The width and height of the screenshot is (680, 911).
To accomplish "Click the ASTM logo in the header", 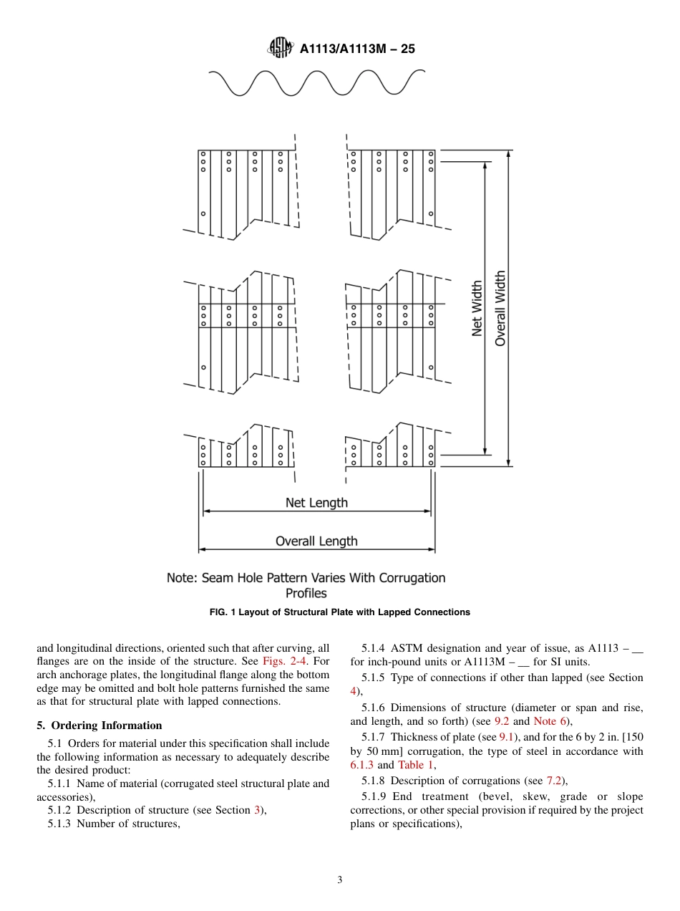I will pyautogui.click(x=279, y=48).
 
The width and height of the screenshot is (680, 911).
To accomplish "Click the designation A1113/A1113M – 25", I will pyautogui.click(x=357, y=49).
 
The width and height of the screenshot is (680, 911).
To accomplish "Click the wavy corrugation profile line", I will pyautogui.click(x=316, y=82).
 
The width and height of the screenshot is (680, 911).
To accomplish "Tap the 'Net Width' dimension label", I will pyautogui.click(x=477, y=308).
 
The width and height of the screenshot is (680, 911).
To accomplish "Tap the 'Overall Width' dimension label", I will pyautogui.click(x=500, y=308).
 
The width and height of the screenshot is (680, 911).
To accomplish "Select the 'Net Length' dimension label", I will pyautogui.click(x=316, y=503).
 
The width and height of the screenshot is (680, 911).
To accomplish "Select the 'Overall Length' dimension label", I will pyautogui.click(x=316, y=541).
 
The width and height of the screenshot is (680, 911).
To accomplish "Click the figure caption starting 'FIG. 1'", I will pyautogui.click(x=339, y=612).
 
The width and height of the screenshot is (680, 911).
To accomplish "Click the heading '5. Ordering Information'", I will pyautogui.click(x=99, y=726).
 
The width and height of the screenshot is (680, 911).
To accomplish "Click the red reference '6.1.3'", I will pyautogui.click(x=361, y=765).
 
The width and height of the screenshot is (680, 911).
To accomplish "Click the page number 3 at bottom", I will pyautogui.click(x=340, y=880).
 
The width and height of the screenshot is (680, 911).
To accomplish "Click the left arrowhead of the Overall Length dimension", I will pyautogui.click(x=202, y=549).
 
